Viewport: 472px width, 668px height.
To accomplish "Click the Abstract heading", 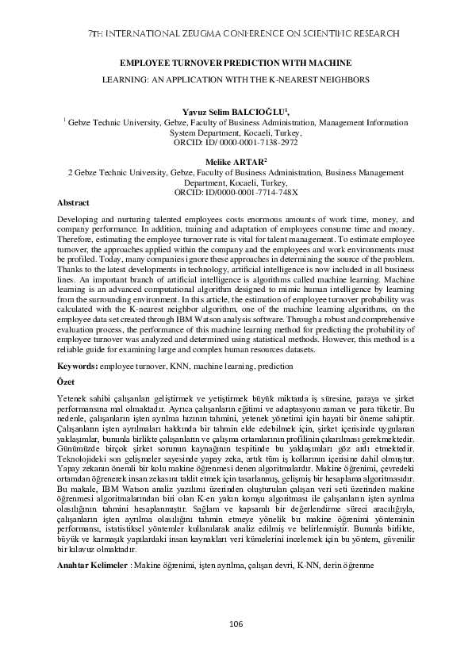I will pyautogui.click(x=74, y=203).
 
